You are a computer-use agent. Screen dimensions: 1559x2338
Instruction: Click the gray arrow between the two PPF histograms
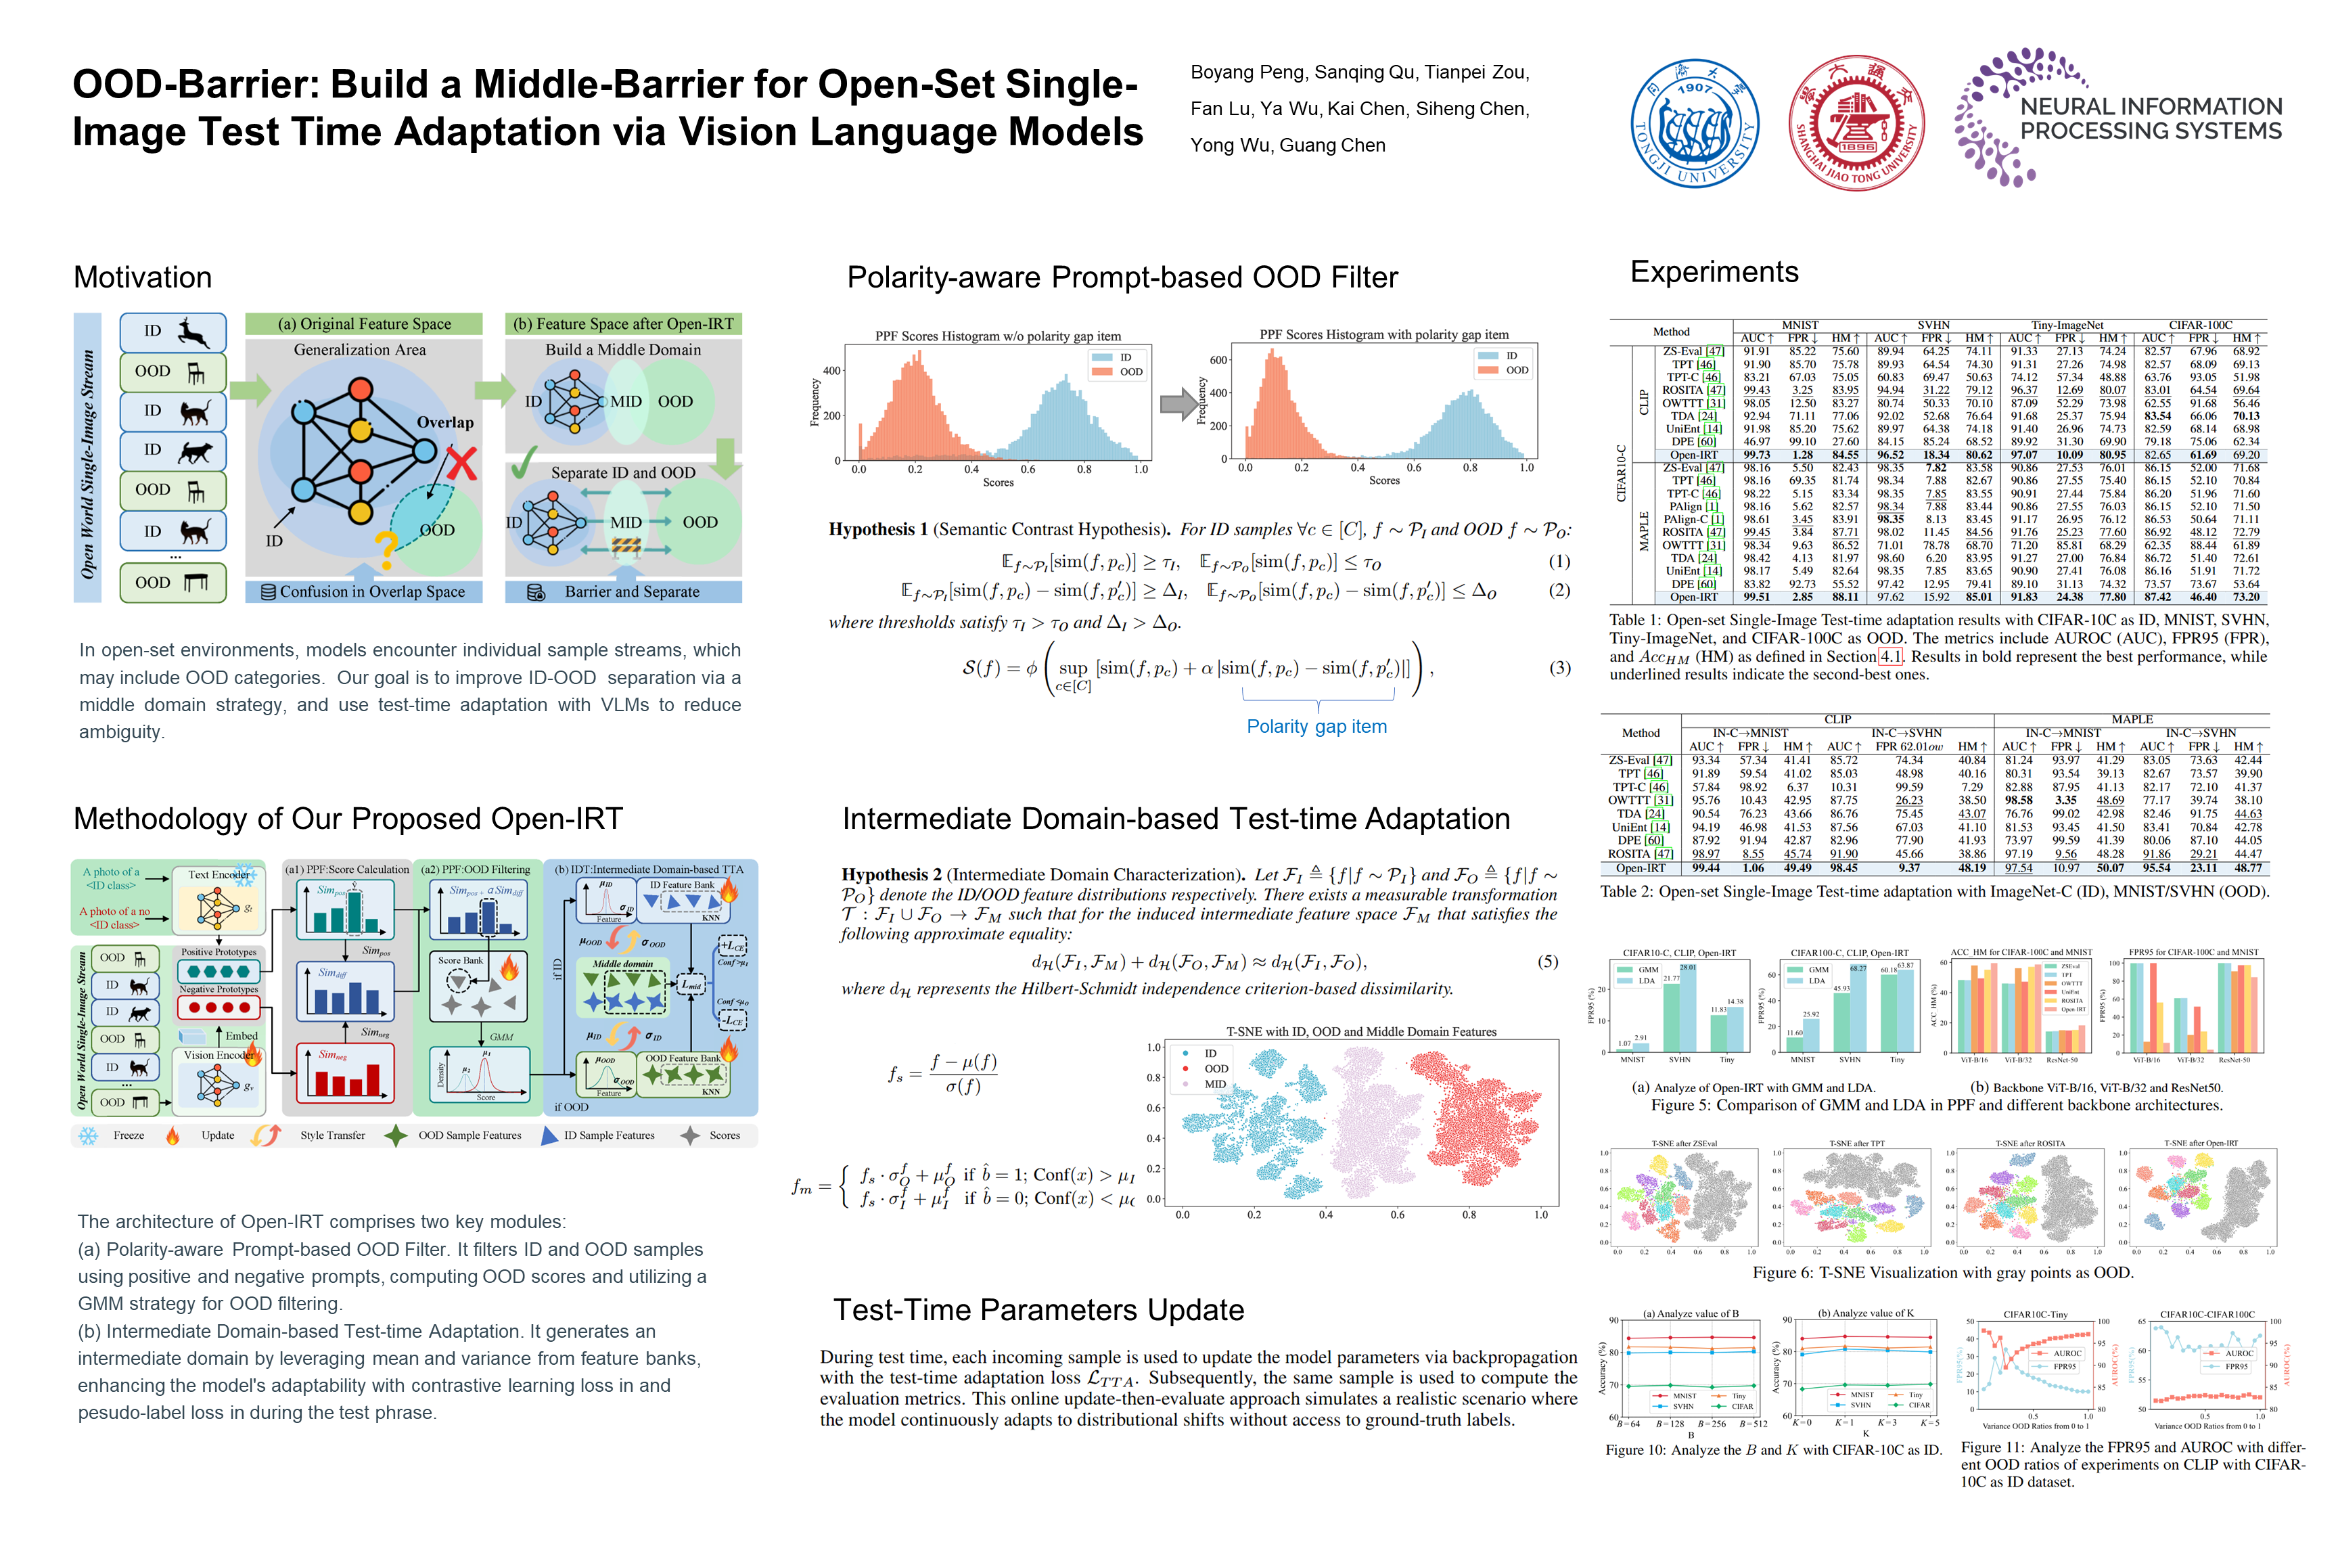(1179, 403)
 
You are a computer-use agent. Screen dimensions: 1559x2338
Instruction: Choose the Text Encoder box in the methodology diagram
(219, 875)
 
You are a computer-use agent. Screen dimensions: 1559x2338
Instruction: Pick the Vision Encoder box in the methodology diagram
(218, 1055)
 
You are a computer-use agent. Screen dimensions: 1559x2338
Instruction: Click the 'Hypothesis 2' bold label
(891, 875)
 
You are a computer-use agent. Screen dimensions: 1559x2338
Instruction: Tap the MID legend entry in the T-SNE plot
(1215, 1084)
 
